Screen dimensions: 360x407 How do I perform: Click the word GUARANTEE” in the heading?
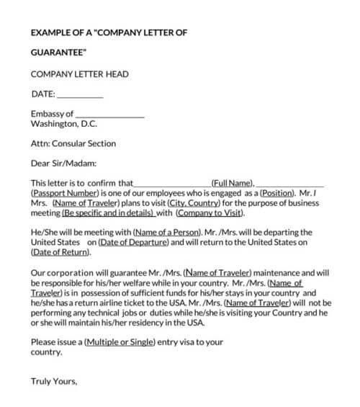[x=59, y=53]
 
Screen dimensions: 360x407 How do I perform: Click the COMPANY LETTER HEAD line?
[x=80, y=73]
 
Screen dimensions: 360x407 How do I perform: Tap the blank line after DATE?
[x=79, y=94]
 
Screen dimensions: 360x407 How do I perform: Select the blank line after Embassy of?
[x=109, y=114]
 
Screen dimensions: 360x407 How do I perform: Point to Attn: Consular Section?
[x=73, y=143]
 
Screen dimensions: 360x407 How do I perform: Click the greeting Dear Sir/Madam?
[x=63, y=164]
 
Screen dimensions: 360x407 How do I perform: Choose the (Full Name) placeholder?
[x=233, y=184]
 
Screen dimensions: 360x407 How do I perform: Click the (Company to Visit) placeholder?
[x=210, y=214]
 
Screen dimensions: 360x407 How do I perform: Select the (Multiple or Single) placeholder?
[x=120, y=342]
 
